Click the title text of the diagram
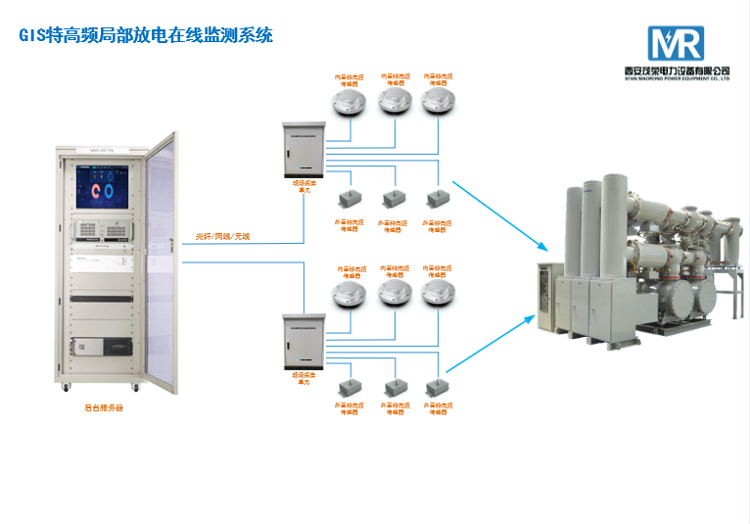147,36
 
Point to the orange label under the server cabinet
104,408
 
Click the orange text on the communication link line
222,236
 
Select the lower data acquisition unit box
303,340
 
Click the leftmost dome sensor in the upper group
347,103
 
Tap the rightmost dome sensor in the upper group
438,103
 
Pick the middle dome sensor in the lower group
393,293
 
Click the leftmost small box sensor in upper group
348,200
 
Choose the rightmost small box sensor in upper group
437,199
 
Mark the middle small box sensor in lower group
393,385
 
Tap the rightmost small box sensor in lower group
437,385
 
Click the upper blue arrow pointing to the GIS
499,214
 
